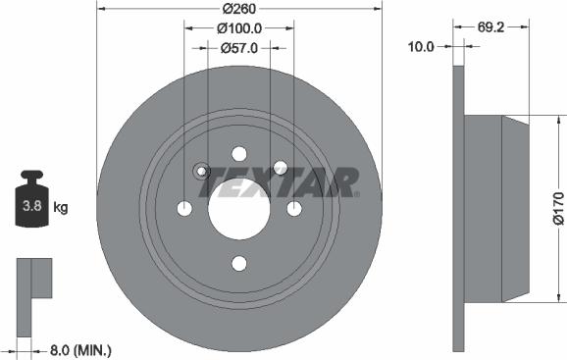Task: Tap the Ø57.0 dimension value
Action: [x=238, y=46]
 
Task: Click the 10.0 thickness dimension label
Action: [x=422, y=45]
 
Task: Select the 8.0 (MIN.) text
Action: [x=80, y=348]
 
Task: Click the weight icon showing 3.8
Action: [x=31, y=203]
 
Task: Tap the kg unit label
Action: [x=61, y=207]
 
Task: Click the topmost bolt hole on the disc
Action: [x=238, y=153]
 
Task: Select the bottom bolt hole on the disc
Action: [x=238, y=263]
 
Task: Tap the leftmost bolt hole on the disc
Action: [x=183, y=208]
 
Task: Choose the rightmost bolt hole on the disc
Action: [x=293, y=208]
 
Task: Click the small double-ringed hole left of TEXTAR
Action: [x=200, y=171]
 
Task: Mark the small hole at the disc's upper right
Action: [x=279, y=168]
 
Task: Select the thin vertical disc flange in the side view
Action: [x=457, y=208]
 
